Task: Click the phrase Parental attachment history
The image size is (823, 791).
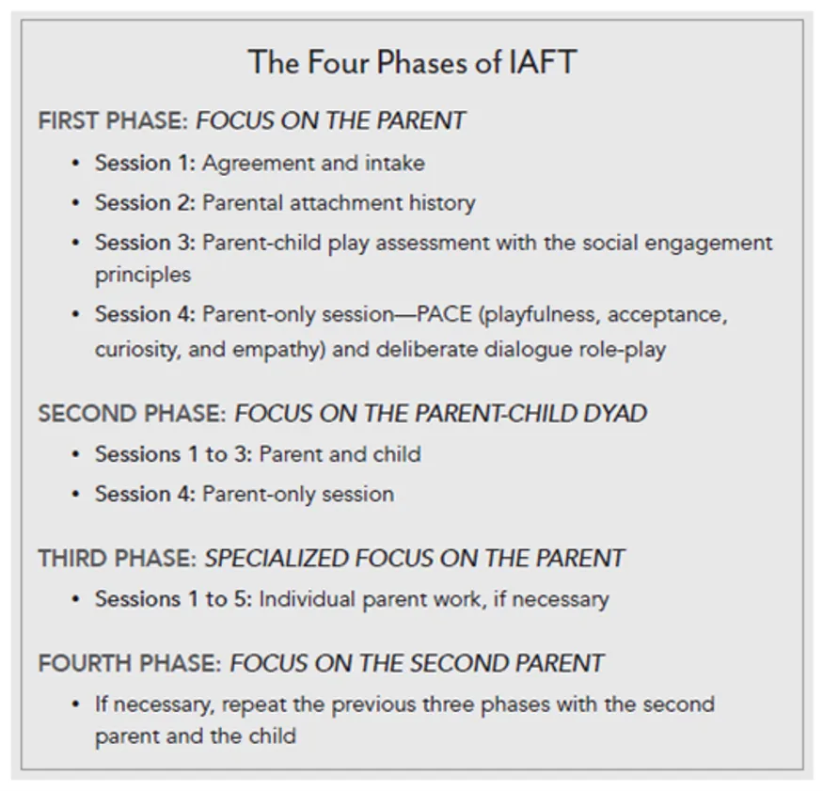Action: click(339, 203)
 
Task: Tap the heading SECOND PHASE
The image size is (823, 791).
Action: click(132, 414)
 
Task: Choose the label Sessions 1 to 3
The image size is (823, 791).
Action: click(173, 455)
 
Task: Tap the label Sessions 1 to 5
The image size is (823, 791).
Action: click(173, 599)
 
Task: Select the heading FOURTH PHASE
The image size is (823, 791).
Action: click(130, 663)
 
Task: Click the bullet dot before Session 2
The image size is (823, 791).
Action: click(75, 203)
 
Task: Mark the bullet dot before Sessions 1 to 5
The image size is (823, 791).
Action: click(75, 599)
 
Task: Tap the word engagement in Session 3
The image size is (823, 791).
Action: click(716, 243)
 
